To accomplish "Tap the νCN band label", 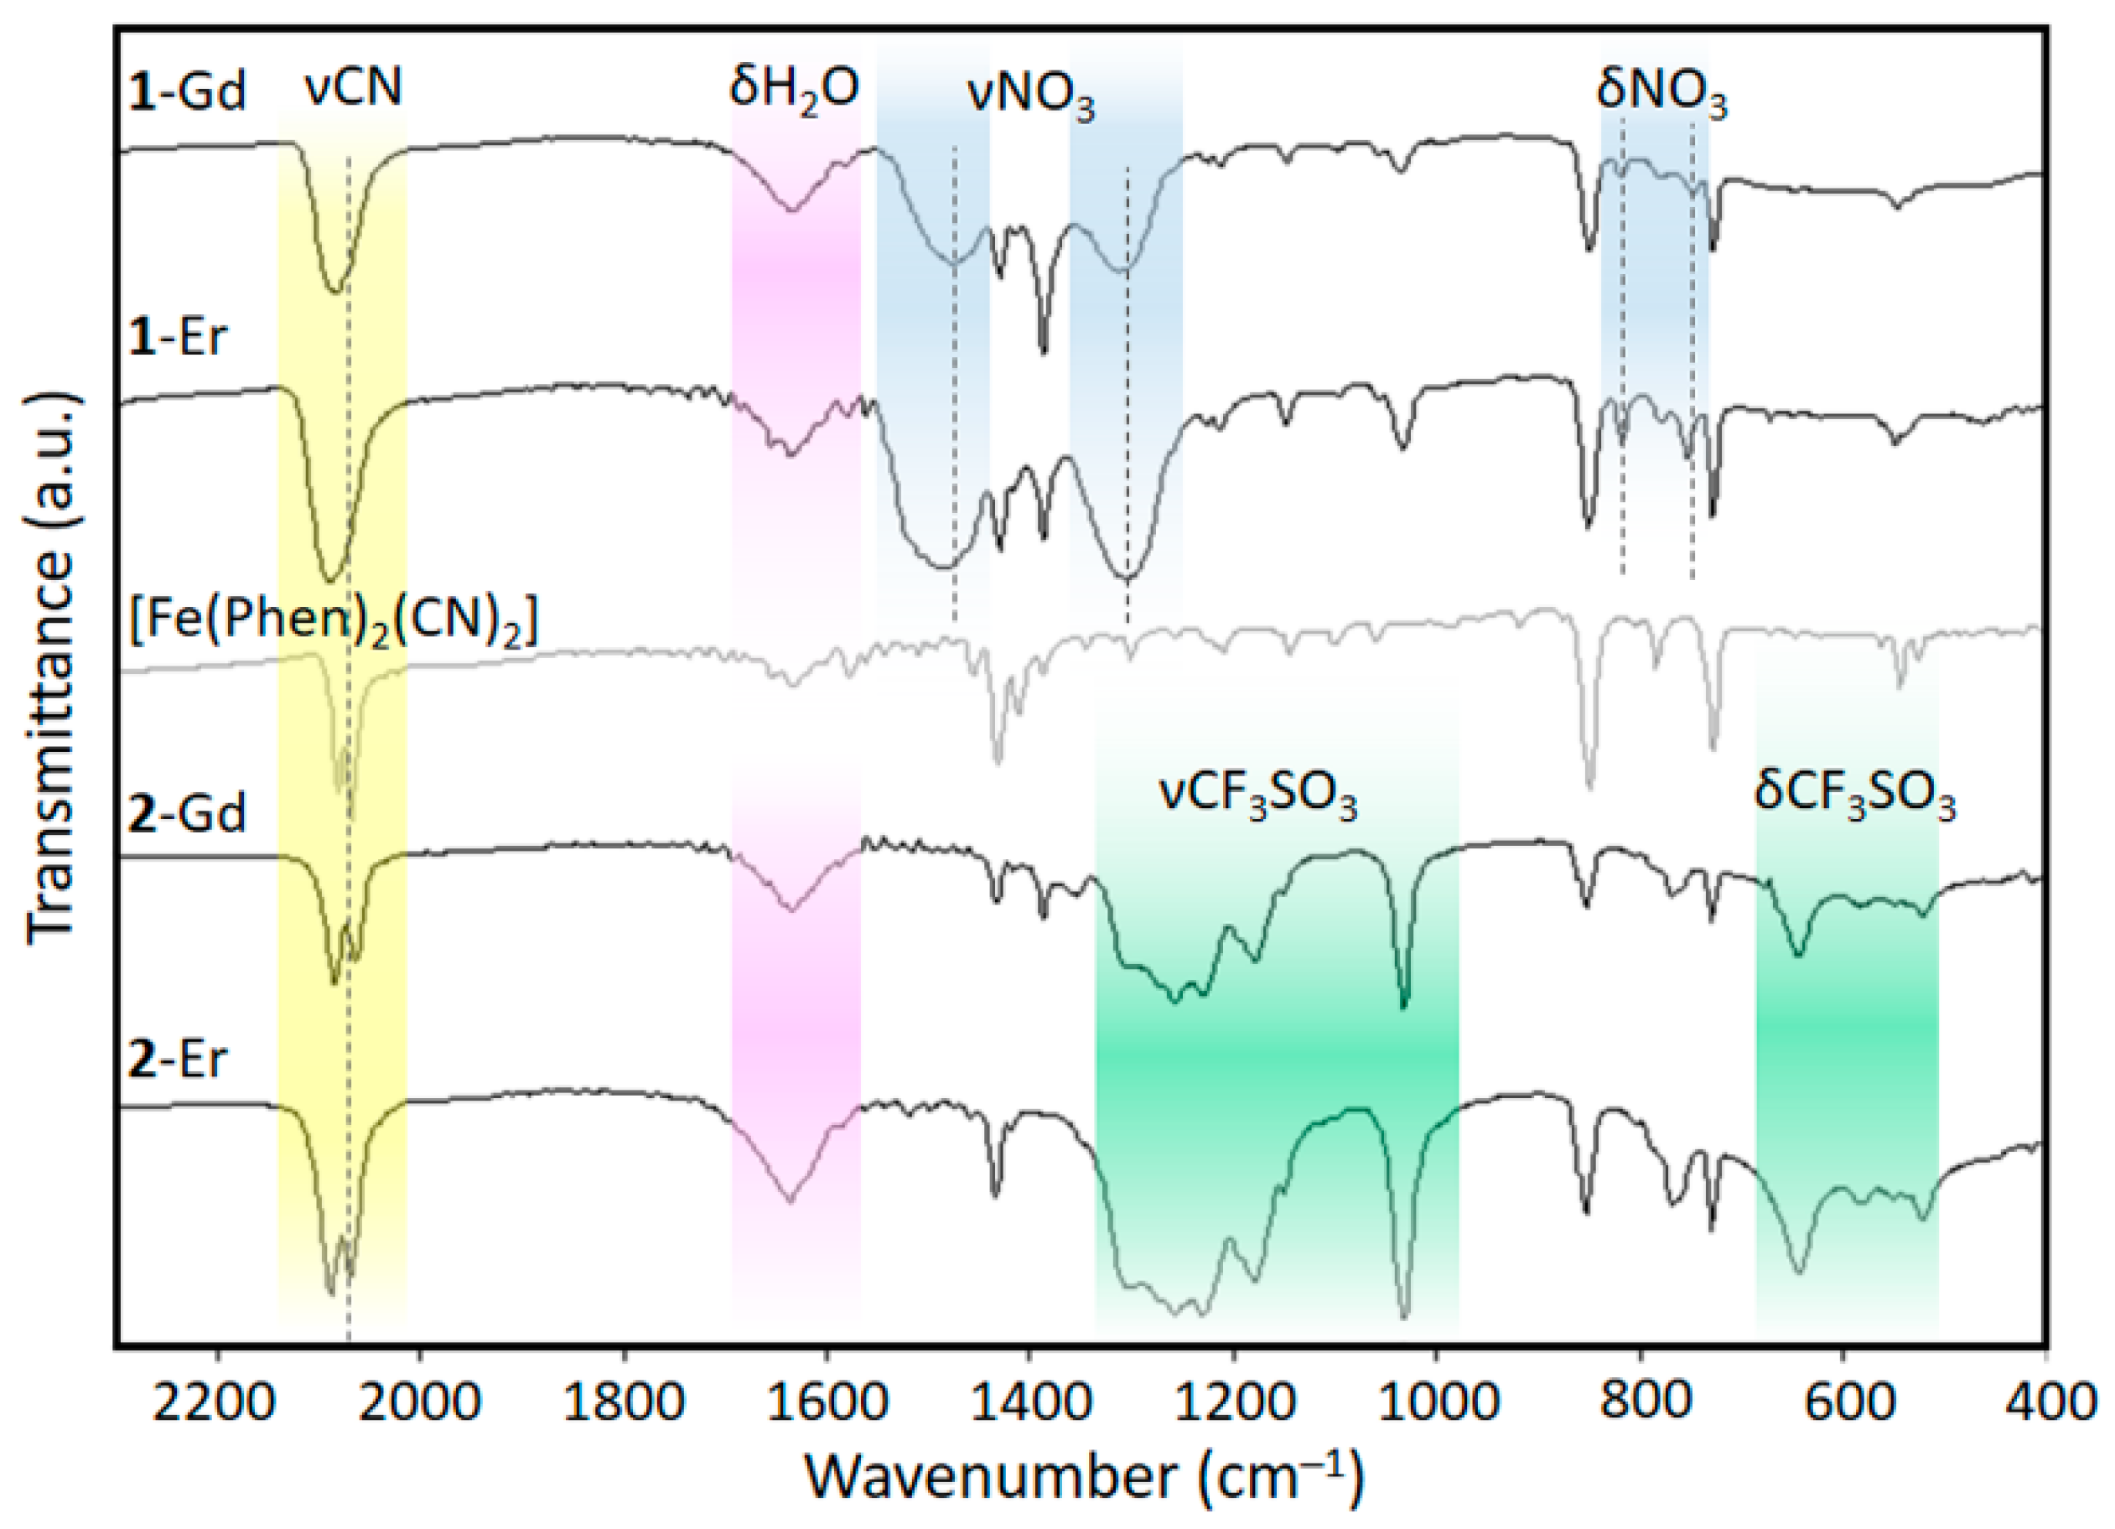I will pyautogui.click(x=354, y=88).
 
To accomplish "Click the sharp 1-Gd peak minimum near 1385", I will pyautogui.click(x=1044, y=351).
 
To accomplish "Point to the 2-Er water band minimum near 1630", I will pyautogui.click(x=790, y=1201).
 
